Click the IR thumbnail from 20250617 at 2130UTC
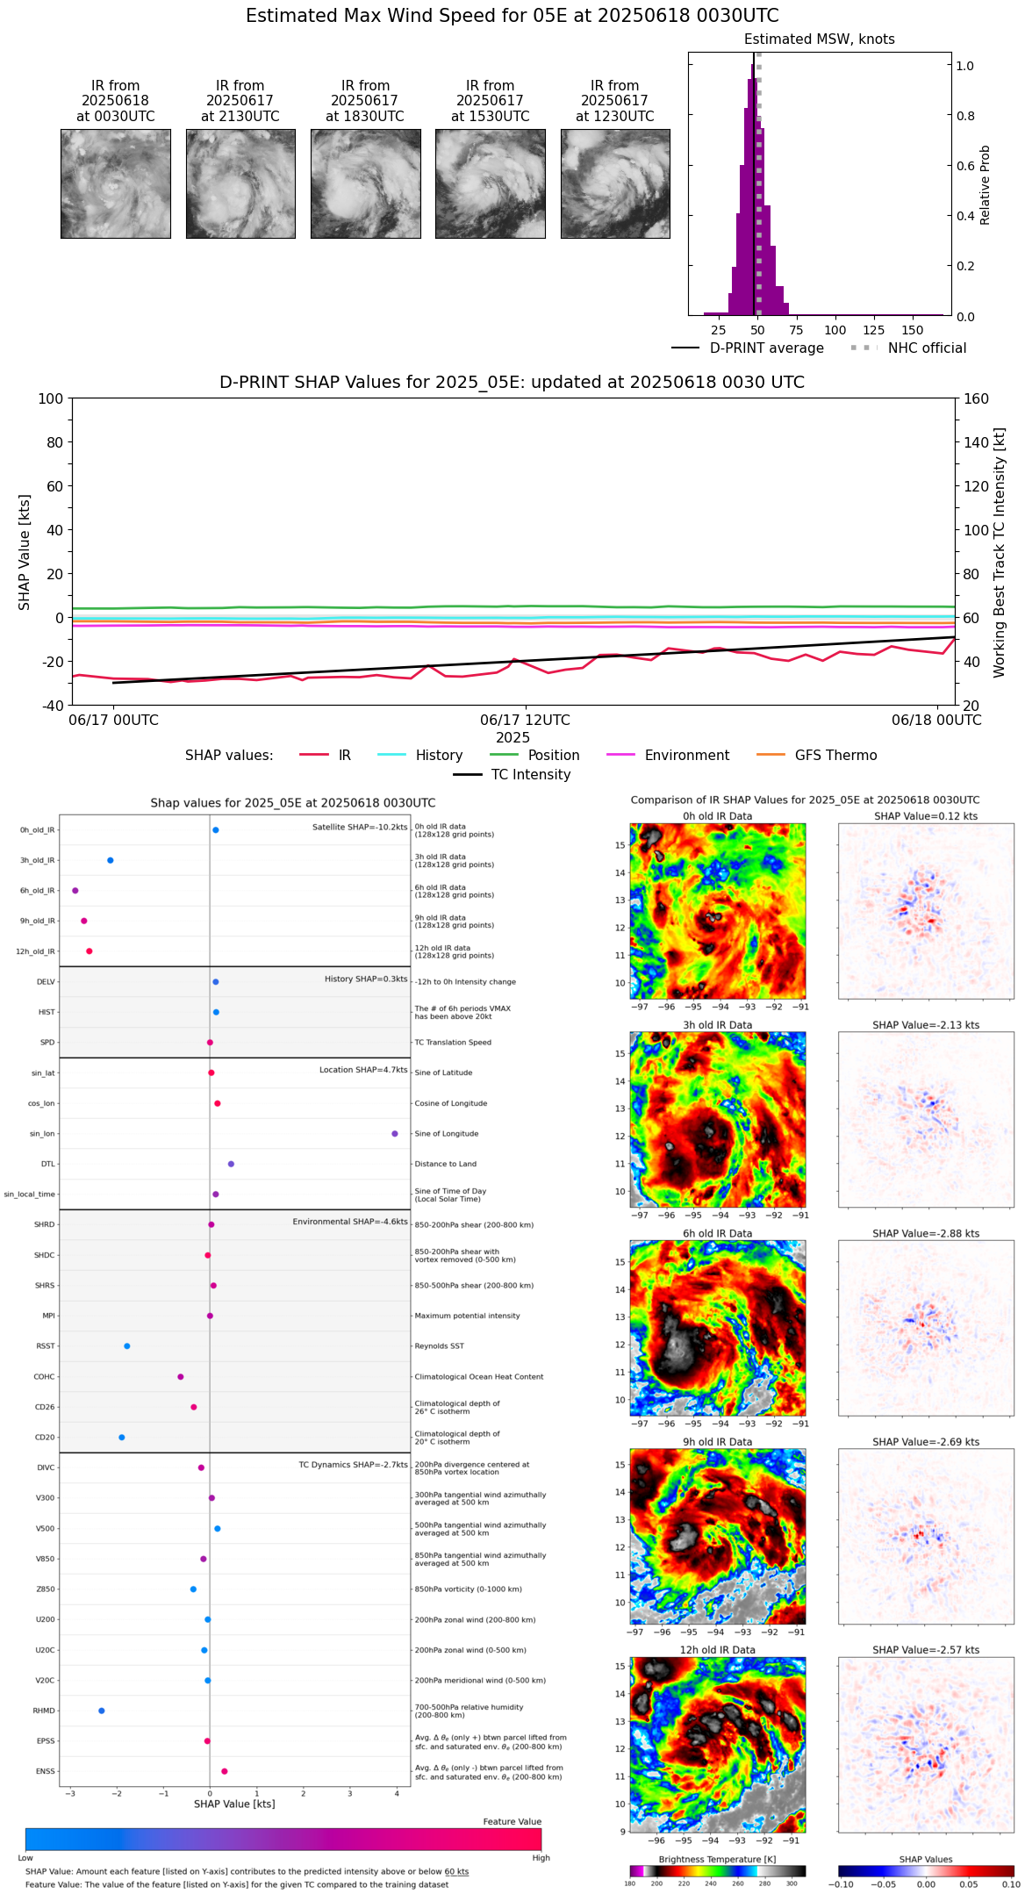(x=240, y=183)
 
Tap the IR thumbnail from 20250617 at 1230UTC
(x=615, y=183)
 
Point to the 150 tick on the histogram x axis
(x=913, y=331)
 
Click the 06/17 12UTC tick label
(x=525, y=721)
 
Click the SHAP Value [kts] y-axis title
(x=25, y=552)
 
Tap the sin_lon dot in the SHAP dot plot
(x=395, y=1134)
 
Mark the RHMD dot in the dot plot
(x=102, y=1711)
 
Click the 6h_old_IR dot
(x=75, y=891)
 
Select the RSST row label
(x=45, y=1346)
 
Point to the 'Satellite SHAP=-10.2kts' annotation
(x=360, y=828)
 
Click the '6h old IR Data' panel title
(x=717, y=1233)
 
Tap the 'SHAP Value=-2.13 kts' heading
(x=926, y=1025)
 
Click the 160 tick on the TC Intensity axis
(x=977, y=398)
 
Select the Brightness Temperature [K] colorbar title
(x=717, y=1859)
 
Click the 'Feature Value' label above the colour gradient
(x=512, y=1822)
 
